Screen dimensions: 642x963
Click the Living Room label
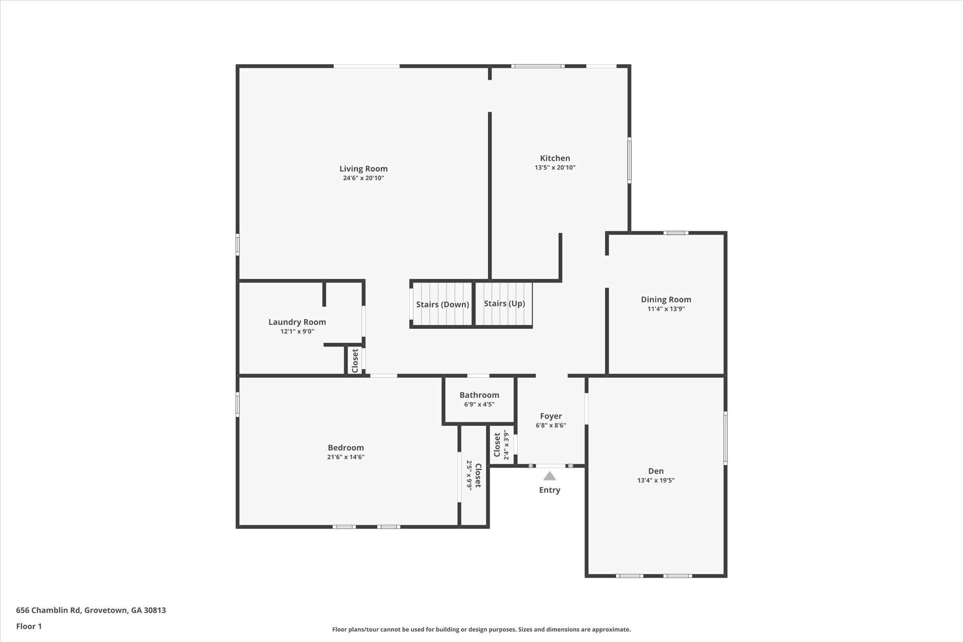tap(363, 168)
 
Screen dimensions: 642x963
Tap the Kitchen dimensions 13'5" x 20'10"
tap(555, 167)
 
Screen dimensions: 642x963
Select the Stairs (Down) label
tap(442, 304)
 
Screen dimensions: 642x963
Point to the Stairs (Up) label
tap(504, 303)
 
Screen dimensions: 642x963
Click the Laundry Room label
tap(297, 322)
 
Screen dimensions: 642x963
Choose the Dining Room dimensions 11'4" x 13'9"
tap(666, 309)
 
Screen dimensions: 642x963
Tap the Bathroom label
tap(479, 395)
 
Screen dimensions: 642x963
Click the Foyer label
tap(551, 416)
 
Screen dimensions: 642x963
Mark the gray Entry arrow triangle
tap(549, 476)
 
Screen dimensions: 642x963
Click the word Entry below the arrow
tap(549, 490)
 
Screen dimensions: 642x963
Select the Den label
tap(655, 471)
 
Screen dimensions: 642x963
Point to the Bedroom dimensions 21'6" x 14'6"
tap(346, 457)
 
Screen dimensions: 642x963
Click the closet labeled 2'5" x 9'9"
tap(474, 476)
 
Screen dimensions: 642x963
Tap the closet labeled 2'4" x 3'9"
tap(501, 445)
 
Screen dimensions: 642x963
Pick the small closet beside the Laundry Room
tap(355, 361)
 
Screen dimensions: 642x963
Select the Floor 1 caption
tap(29, 626)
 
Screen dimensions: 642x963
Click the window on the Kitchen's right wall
tap(629, 160)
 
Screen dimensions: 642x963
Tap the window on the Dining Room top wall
tap(676, 232)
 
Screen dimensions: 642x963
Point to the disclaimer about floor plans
tap(481, 629)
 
